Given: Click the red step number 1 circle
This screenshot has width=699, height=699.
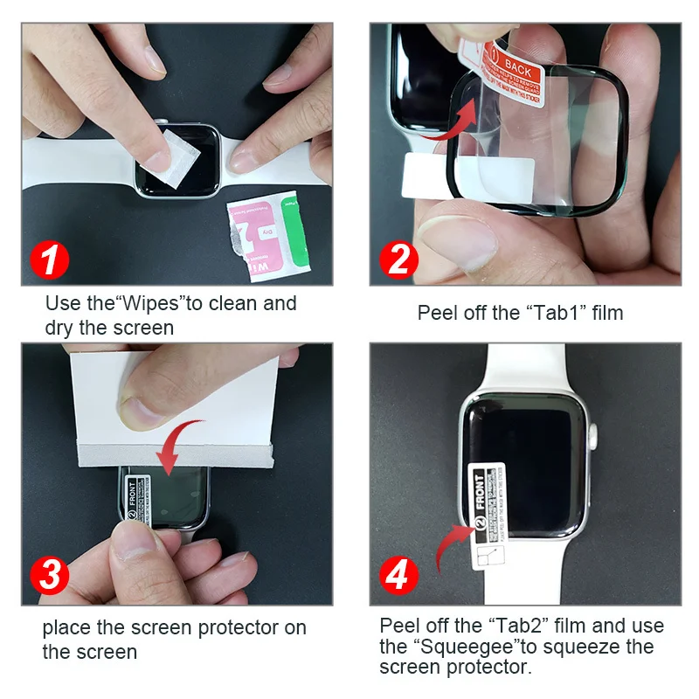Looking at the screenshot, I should (51, 260).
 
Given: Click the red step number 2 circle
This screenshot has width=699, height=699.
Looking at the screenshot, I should (398, 260).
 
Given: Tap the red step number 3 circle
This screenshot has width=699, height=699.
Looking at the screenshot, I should (51, 577).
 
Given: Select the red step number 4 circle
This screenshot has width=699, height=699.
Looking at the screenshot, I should (398, 577).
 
